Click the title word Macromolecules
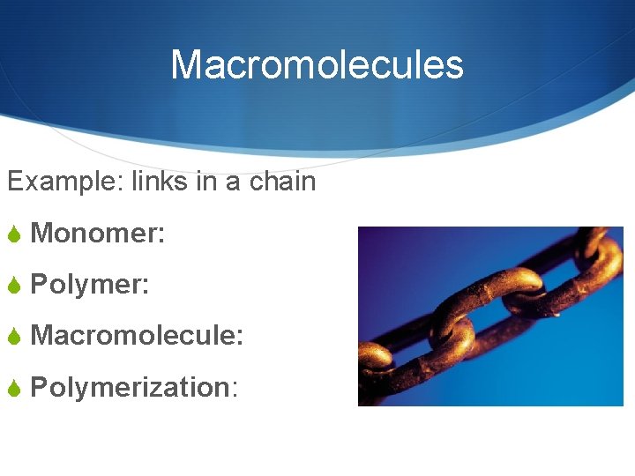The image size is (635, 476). pos(317,65)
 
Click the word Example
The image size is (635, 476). pos(63,182)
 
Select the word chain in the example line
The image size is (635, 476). pos(282,182)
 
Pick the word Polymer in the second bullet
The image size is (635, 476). pos(86,285)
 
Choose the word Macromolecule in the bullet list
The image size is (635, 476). pos(133,336)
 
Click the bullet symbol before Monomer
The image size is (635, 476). pos(14,234)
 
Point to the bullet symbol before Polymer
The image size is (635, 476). pos(14,286)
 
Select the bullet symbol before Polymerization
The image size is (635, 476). pos(14,388)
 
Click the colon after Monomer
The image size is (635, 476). pos(161,235)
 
